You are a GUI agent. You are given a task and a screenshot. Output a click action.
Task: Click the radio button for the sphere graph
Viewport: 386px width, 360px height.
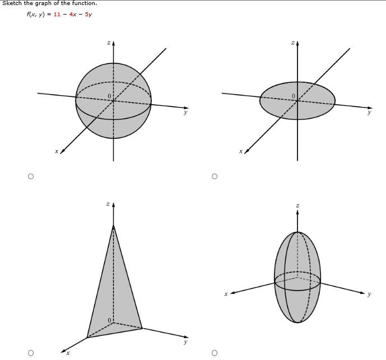31,176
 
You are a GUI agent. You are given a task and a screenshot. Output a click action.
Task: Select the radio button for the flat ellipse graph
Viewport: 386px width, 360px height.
214,176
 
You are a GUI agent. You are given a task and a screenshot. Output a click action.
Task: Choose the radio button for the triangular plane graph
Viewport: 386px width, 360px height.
31,352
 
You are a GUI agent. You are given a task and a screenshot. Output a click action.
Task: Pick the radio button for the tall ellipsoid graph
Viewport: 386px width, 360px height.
214,352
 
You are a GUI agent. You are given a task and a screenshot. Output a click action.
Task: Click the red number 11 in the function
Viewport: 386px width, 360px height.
57,15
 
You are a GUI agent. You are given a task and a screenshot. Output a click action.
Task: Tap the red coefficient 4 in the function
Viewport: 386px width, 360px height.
71,15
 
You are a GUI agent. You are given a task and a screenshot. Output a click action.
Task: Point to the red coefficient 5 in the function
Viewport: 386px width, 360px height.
87,15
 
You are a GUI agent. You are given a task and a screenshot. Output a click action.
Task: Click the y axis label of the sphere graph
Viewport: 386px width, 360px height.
185,113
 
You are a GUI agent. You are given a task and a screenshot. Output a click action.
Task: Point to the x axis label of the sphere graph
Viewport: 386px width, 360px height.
56,151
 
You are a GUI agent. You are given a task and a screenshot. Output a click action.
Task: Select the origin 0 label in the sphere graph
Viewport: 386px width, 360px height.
110,96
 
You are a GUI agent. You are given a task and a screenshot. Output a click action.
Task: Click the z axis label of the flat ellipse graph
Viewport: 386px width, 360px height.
292,43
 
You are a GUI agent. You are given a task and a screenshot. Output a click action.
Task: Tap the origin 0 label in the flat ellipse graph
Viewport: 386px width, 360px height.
293,96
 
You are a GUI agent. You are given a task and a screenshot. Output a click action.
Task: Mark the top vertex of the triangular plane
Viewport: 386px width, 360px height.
114,225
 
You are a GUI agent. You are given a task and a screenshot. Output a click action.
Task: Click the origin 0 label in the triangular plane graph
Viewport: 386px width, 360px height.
110,320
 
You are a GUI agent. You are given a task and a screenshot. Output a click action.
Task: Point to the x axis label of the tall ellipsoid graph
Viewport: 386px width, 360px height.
225,293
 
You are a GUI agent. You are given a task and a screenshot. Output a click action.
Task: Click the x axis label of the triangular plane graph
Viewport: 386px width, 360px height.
68,352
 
